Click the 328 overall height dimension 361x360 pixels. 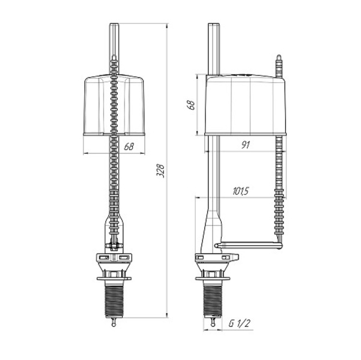(x=160, y=170)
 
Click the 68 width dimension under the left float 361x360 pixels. (x=129, y=146)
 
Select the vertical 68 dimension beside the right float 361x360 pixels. (x=192, y=104)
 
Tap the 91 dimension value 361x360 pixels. (x=246, y=145)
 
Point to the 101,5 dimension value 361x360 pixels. (x=241, y=191)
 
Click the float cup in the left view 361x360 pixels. (x=114, y=105)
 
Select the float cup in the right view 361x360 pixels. (x=246, y=105)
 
